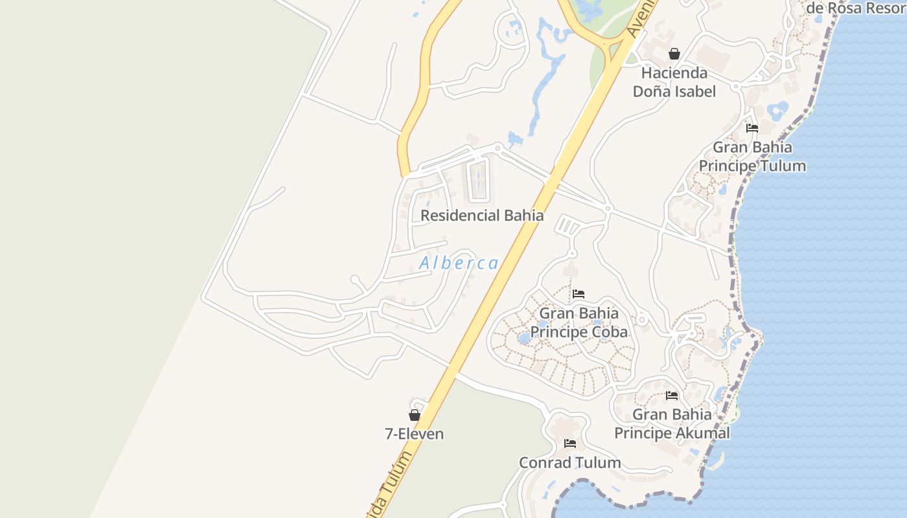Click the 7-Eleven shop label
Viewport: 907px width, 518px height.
coord(415,434)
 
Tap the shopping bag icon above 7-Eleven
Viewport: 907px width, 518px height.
coord(415,415)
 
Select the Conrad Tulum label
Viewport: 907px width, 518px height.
coord(570,462)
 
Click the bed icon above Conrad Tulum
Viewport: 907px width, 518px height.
coord(570,444)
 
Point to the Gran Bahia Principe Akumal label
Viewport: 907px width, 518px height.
coord(672,423)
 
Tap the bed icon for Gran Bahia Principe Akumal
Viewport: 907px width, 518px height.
coord(672,395)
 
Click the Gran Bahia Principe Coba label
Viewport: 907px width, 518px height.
coord(579,322)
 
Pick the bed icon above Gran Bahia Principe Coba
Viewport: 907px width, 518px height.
coord(579,294)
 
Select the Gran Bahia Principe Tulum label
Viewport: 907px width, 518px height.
coord(752,157)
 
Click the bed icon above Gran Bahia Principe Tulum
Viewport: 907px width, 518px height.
coord(752,128)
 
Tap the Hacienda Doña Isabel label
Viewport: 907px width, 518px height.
coord(674,82)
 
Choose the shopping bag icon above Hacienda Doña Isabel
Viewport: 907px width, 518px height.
coord(674,54)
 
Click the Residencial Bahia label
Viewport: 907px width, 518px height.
coord(482,216)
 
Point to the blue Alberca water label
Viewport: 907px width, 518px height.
coord(459,263)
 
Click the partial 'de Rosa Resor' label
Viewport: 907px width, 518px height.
coord(855,8)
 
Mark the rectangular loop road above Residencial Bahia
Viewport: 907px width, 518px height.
coord(479,180)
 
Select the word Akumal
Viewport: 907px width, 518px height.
coord(702,433)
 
